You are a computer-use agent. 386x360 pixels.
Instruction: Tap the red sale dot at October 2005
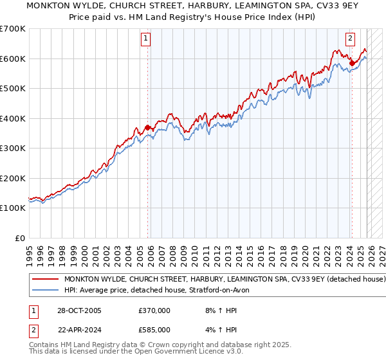148,127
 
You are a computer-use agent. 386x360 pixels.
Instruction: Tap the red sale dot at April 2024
352,63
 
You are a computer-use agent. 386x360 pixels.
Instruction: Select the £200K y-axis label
14,178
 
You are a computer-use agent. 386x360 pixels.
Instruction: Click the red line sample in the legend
45,280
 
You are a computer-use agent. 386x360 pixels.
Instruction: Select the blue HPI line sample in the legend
45,291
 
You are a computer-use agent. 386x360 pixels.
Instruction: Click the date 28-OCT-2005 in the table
78,310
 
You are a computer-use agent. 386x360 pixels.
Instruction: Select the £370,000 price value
154,310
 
